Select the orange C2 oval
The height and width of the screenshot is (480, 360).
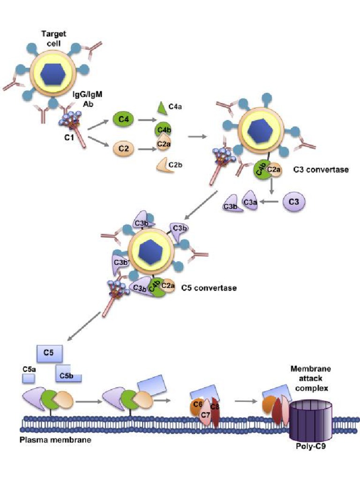tap(123, 150)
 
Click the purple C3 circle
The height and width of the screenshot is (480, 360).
tap(294, 202)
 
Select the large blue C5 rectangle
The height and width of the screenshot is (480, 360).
tap(49, 352)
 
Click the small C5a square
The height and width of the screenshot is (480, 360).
tap(29, 376)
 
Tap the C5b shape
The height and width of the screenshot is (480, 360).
tap(67, 374)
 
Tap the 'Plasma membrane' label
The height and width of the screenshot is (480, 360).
tap(55, 441)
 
